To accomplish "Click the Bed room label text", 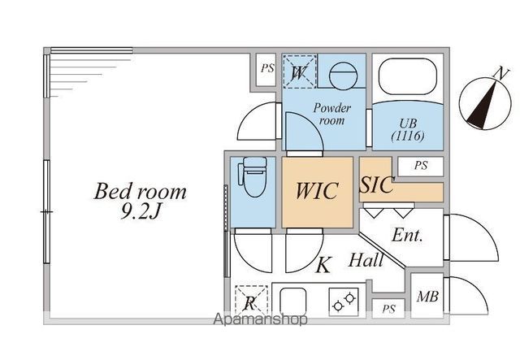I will pyautogui.click(x=141, y=193).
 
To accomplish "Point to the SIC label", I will pyautogui.click(x=377, y=184).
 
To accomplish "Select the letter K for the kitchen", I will pyautogui.click(x=323, y=265).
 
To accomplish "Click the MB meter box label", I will pyautogui.click(x=427, y=297).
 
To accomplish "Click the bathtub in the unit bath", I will pyautogui.click(x=407, y=79).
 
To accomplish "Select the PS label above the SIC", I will pyautogui.click(x=420, y=165).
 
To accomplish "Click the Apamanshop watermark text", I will pyautogui.click(x=260, y=320).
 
